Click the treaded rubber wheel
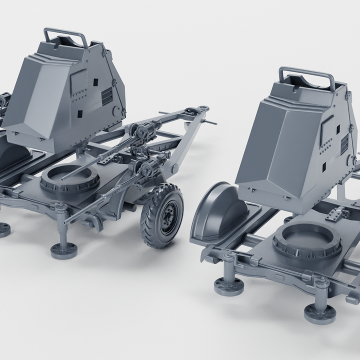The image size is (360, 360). (x=161, y=216)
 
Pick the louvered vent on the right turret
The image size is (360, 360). (x=344, y=145)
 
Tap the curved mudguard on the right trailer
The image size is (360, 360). (x=217, y=210)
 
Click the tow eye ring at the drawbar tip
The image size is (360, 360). (x=203, y=108)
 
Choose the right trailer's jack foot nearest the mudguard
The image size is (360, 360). (x=228, y=286)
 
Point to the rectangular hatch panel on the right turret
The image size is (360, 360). (x=327, y=128)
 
